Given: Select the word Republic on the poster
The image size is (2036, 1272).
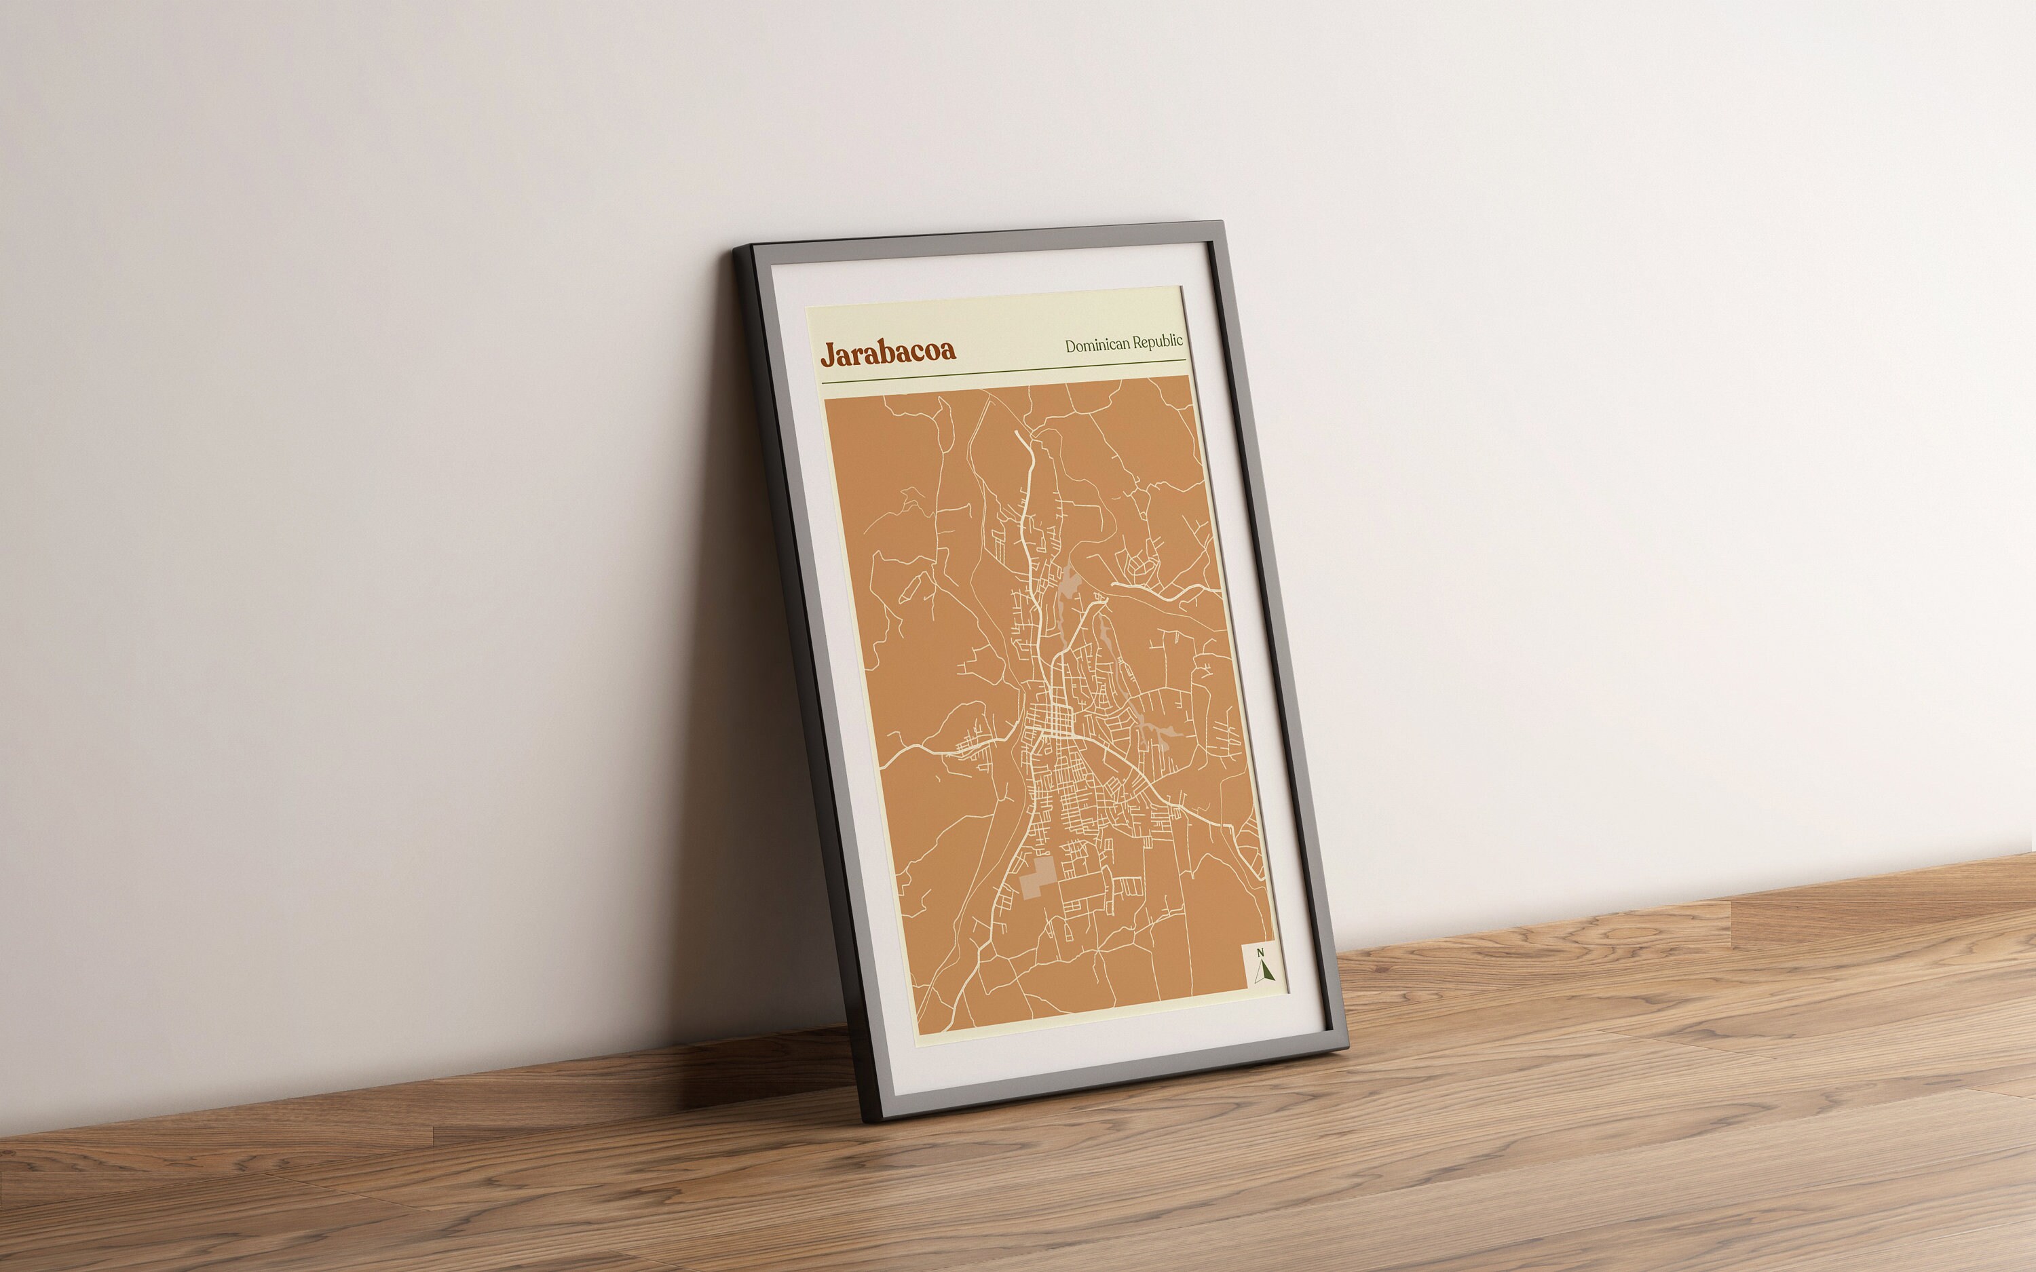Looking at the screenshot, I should click(x=1158, y=341).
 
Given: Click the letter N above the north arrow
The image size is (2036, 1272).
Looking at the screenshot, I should click(x=1260, y=952).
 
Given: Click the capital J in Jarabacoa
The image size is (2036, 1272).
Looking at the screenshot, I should click(x=828, y=354).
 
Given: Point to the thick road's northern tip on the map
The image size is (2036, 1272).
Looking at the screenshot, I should click(x=1017, y=434).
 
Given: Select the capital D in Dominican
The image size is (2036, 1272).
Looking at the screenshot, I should click(x=1071, y=346).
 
